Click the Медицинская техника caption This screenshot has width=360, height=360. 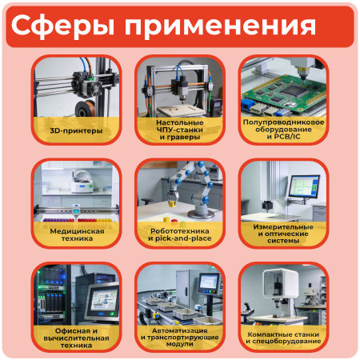76,233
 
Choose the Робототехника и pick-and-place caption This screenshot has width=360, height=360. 180,233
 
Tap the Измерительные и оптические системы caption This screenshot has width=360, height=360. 283,233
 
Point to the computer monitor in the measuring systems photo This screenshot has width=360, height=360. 304,189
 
